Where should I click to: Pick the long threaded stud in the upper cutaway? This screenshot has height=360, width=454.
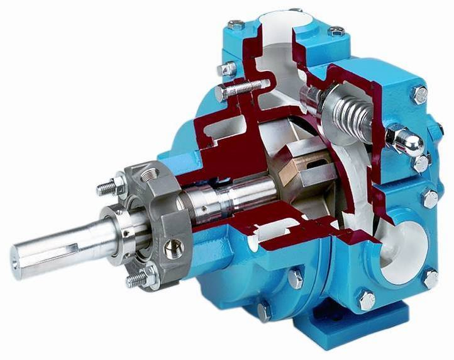pyautogui.click(x=242, y=87)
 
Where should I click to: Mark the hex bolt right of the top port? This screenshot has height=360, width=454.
pyautogui.click(x=336, y=31)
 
